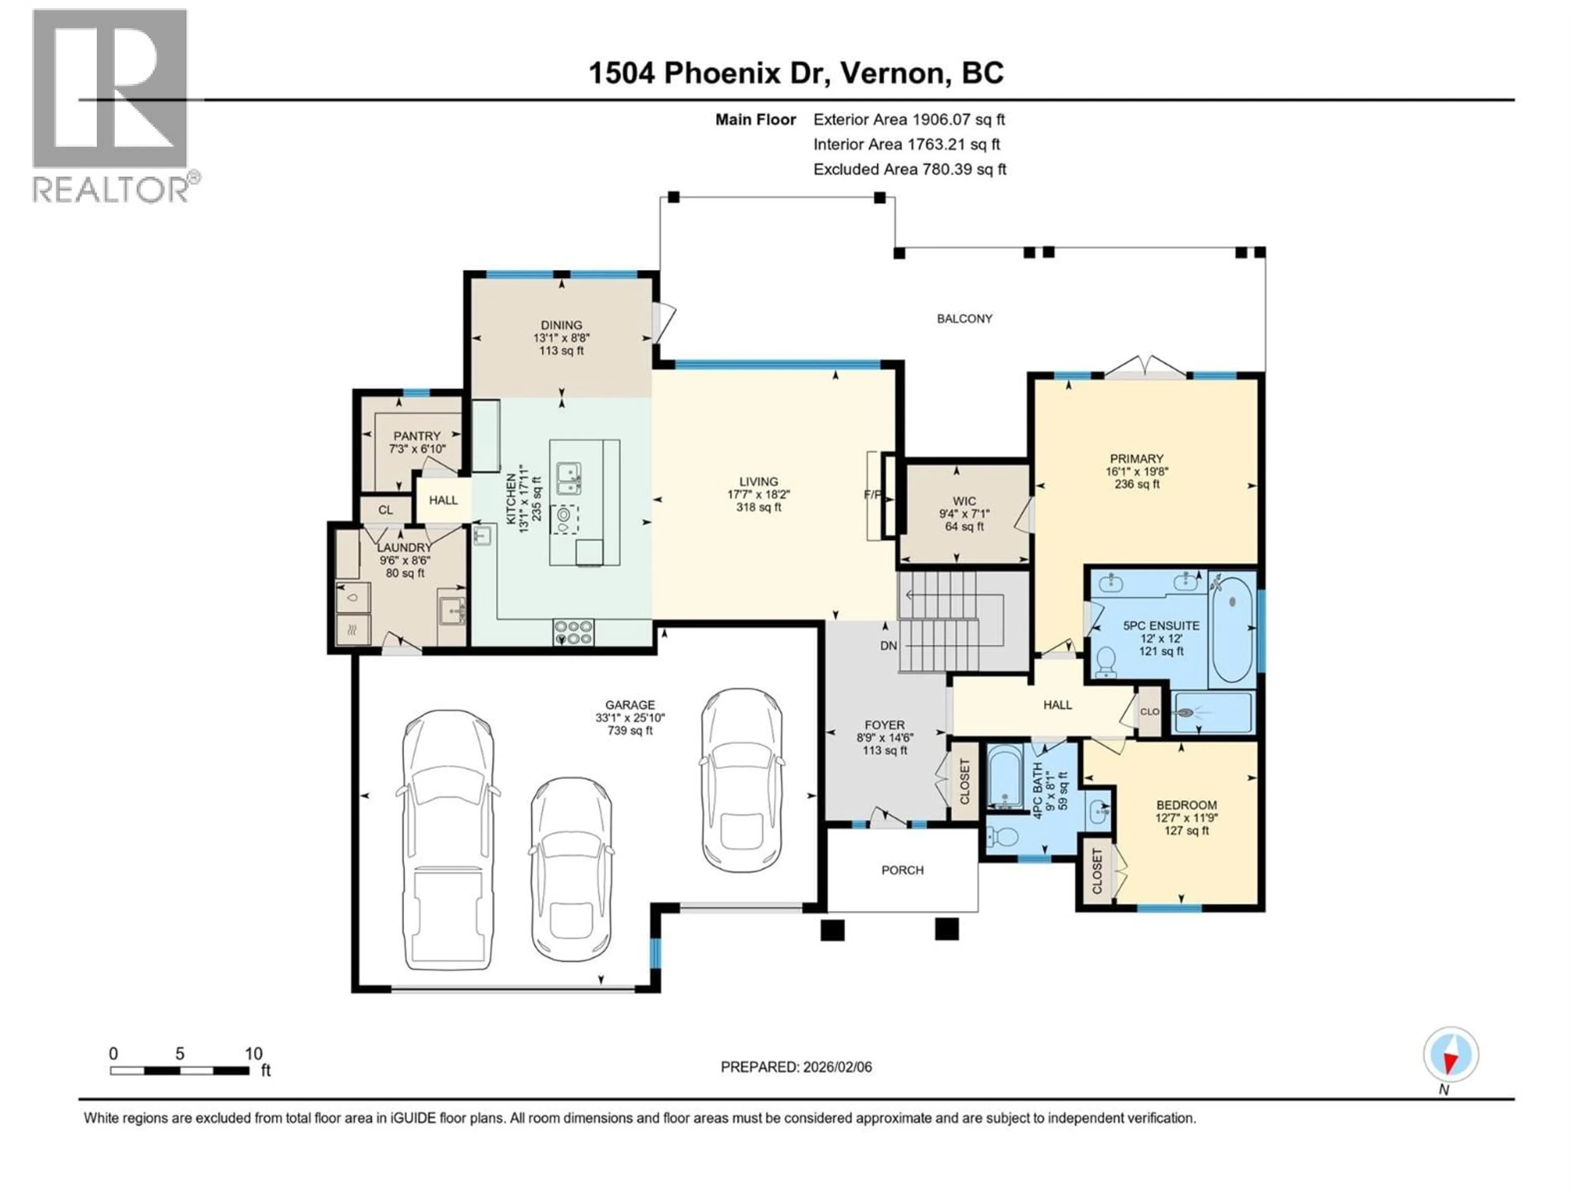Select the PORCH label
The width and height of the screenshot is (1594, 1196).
click(902, 870)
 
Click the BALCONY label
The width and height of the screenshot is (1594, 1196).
click(964, 319)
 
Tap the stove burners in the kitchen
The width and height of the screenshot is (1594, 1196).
click(574, 632)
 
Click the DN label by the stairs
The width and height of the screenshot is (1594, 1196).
click(888, 646)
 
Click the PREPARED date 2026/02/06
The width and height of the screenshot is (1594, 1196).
click(796, 1067)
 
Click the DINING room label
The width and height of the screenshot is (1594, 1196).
click(561, 325)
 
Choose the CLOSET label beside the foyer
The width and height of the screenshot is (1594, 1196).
click(965, 781)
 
